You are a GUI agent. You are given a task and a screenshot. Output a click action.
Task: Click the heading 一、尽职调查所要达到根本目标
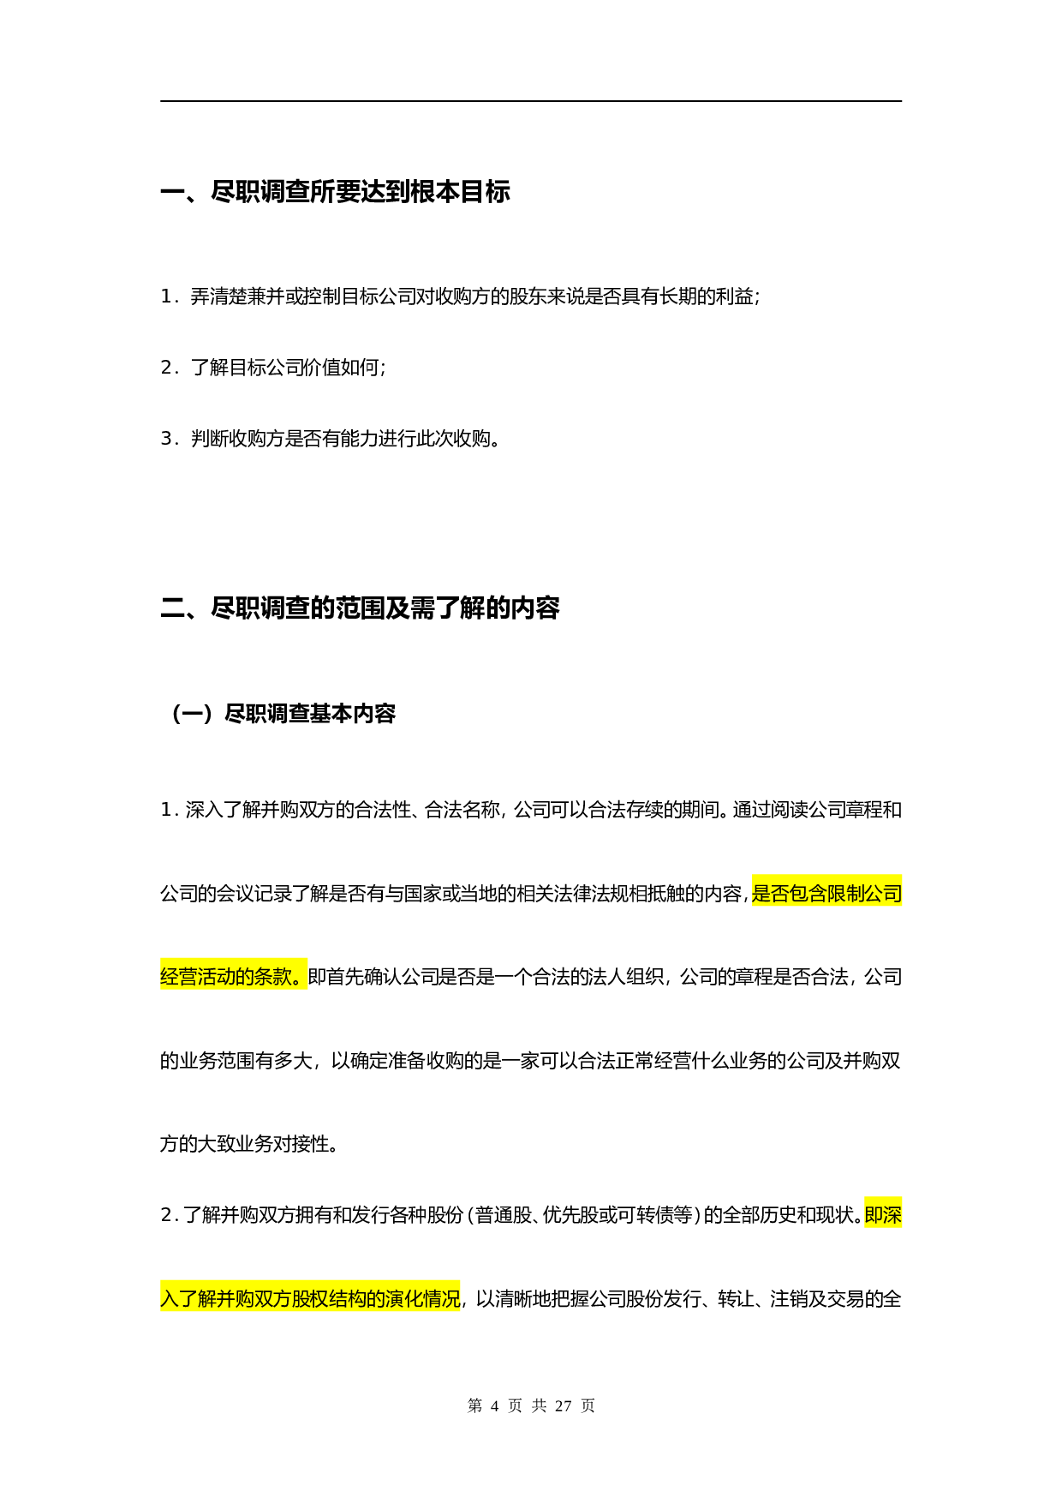(x=335, y=191)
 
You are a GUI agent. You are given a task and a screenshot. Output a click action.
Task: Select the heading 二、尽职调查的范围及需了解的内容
(x=360, y=608)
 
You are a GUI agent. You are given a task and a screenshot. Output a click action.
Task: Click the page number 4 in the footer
(x=494, y=1405)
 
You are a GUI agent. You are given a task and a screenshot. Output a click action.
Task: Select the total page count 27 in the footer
(x=563, y=1405)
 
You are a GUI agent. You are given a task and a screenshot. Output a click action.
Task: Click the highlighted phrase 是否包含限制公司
(x=826, y=894)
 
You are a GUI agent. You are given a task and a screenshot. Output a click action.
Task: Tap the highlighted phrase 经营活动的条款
(x=233, y=977)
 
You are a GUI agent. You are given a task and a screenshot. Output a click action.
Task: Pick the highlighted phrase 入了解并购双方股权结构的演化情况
(x=310, y=1299)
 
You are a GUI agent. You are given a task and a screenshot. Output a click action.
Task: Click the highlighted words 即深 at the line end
(x=883, y=1215)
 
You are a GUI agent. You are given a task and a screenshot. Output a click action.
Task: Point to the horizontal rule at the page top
(x=531, y=101)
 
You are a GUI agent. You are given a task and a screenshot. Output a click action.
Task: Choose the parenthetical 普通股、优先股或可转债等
(x=582, y=1215)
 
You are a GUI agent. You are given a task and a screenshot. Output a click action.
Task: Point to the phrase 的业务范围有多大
(x=236, y=1061)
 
